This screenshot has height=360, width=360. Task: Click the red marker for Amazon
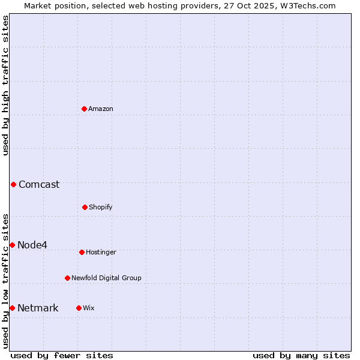pyautogui.click(x=84, y=109)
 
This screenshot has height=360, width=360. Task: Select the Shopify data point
pyautogui.click(x=85, y=207)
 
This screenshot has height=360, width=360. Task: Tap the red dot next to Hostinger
pyautogui.click(x=82, y=252)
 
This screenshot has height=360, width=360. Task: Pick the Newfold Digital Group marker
pyautogui.click(x=67, y=278)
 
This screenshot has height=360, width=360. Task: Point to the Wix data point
pyautogui.click(x=79, y=308)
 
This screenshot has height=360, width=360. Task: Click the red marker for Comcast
pyautogui.click(x=13, y=184)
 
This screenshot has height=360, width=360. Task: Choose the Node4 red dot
pyautogui.click(x=12, y=245)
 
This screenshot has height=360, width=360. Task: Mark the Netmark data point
pyautogui.click(x=12, y=308)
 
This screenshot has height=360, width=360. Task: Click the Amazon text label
pyautogui.click(x=101, y=109)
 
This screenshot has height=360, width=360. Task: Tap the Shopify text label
pyautogui.click(x=101, y=207)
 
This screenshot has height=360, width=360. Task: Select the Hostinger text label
pyautogui.click(x=101, y=252)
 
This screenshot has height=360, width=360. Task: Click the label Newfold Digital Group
pyautogui.click(x=106, y=278)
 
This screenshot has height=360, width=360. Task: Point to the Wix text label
pyautogui.click(x=89, y=308)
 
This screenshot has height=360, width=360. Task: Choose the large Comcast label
pyautogui.click(x=39, y=184)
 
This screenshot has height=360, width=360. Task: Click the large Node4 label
pyautogui.click(x=32, y=245)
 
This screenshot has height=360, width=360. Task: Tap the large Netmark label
pyautogui.click(x=38, y=308)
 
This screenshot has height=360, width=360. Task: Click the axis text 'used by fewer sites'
pyautogui.click(x=62, y=355)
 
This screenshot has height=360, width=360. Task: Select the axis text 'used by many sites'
pyautogui.click(x=301, y=355)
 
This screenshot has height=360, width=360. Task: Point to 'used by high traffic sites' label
pyautogui.click(x=5, y=85)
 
